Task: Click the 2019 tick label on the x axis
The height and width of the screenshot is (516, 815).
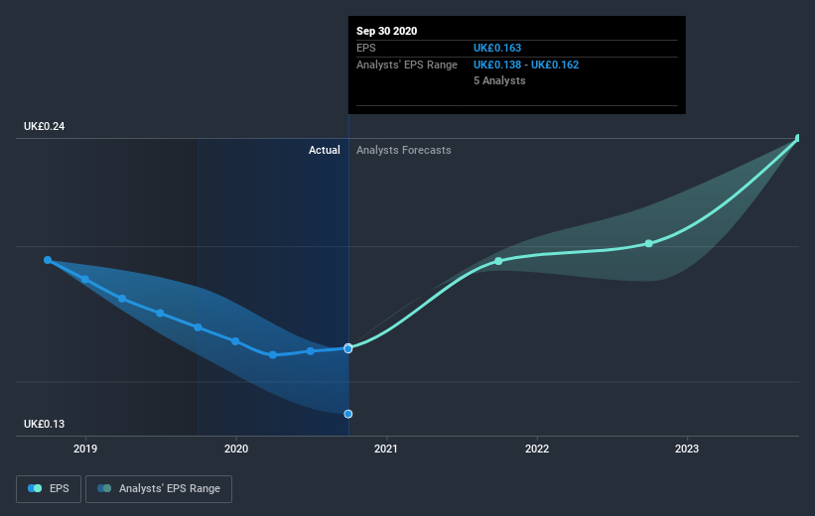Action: [85, 449]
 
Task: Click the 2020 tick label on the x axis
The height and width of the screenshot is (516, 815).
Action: [235, 449]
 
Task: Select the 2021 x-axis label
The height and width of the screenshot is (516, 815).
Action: [386, 449]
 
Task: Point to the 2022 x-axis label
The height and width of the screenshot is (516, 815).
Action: [536, 449]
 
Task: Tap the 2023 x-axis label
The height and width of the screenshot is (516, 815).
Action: [686, 449]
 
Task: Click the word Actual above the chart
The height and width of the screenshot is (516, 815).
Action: [324, 150]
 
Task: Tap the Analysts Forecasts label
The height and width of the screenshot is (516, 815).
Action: [403, 150]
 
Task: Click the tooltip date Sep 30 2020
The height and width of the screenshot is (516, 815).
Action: [387, 31]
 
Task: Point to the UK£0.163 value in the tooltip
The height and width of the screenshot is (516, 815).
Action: [496, 48]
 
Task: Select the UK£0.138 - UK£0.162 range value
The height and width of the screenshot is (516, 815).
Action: [525, 64]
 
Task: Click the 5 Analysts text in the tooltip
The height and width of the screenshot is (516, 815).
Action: [499, 80]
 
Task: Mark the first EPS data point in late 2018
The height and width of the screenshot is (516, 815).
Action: [48, 260]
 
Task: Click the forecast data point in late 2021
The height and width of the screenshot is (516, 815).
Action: [498, 261]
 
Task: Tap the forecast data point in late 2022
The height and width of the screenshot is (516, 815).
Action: [648, 243]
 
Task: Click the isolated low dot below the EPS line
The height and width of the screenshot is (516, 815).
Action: [348, 414]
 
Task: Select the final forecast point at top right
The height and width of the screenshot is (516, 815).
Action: [798, 139]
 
